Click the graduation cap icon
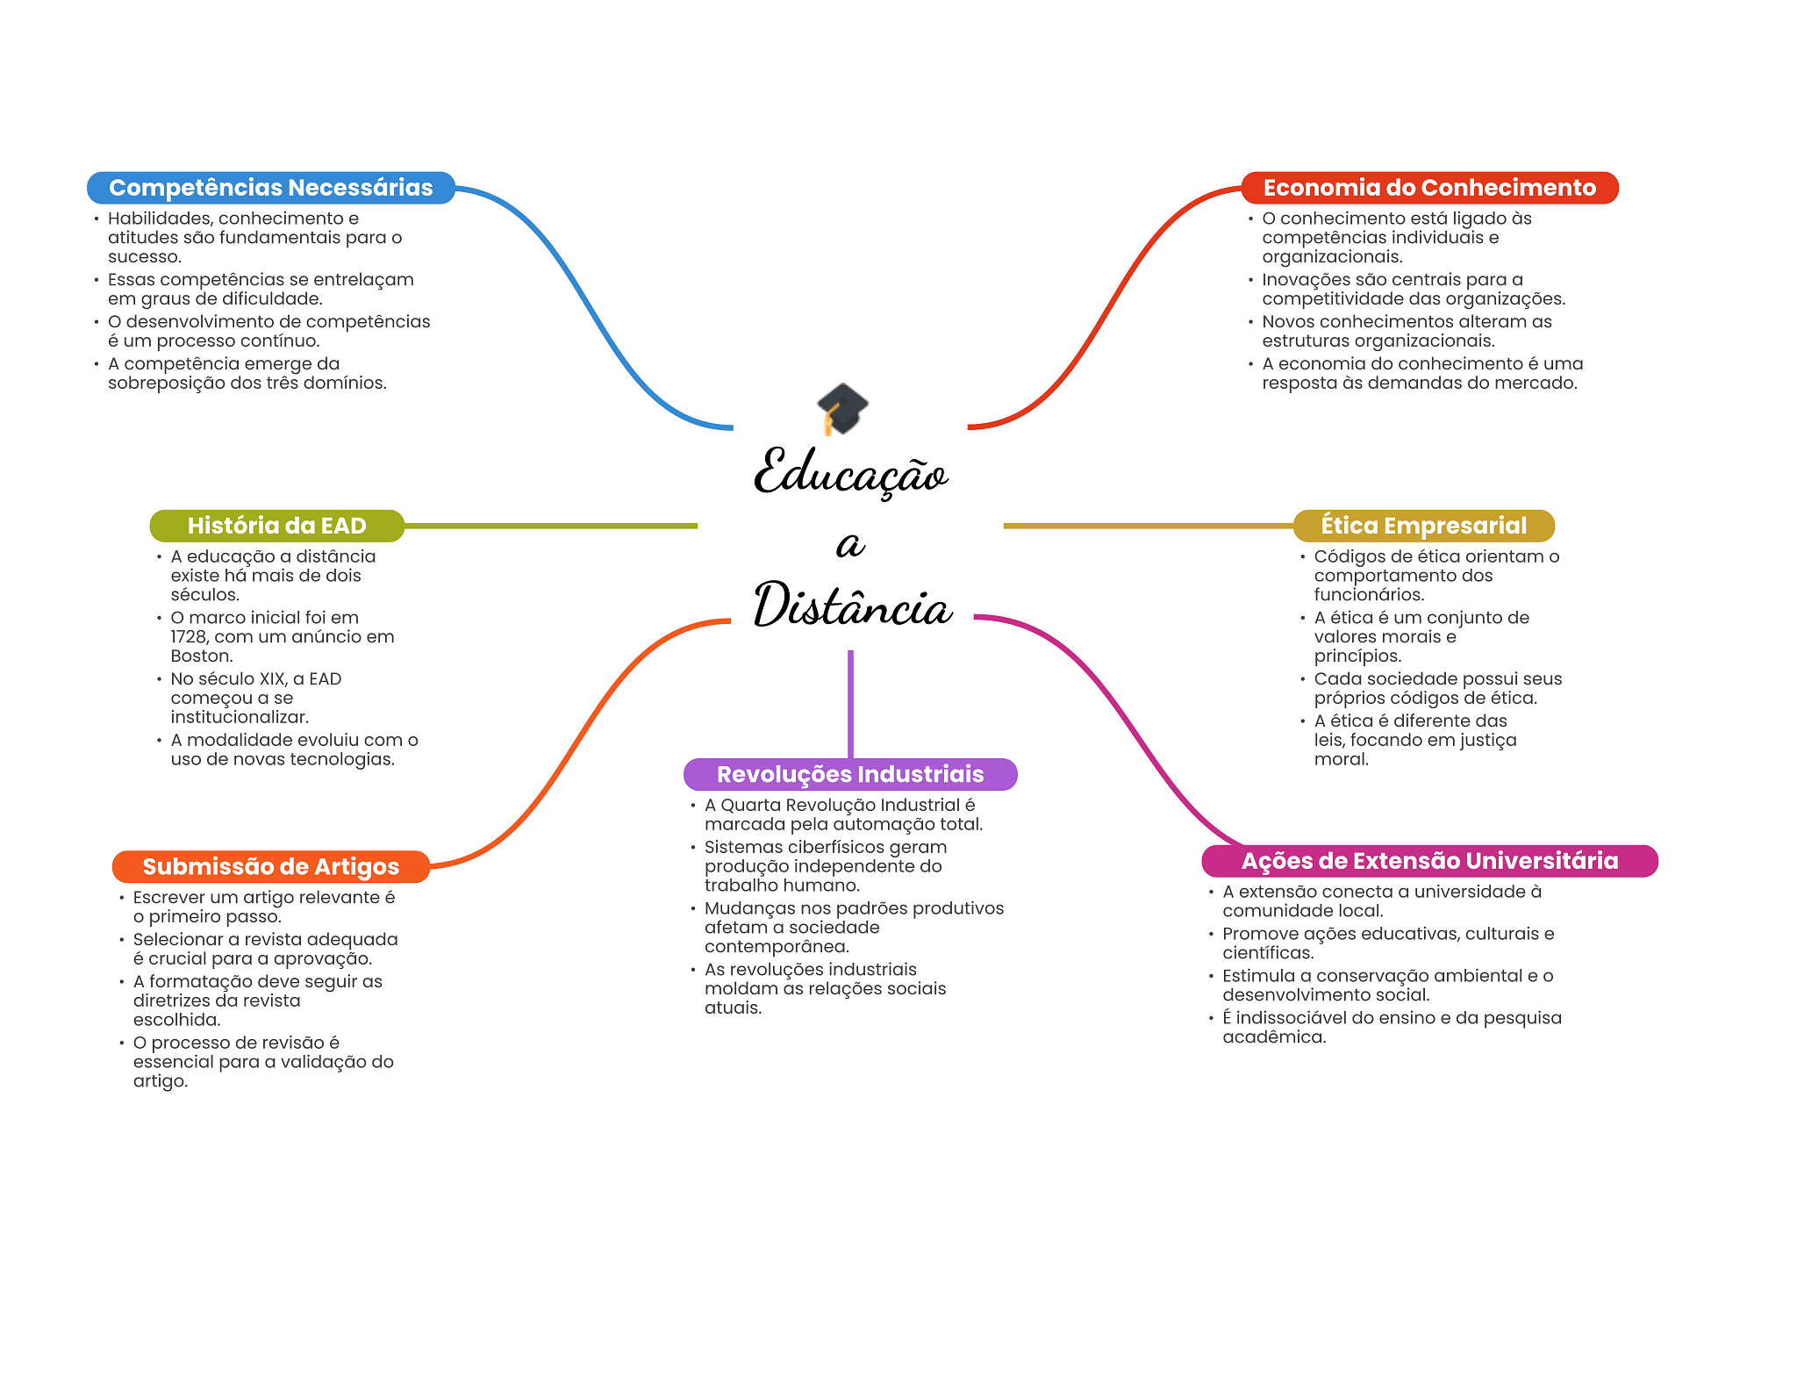842,408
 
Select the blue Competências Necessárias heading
271,188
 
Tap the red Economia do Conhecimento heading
1429,188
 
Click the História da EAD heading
276,526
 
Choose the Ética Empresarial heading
1424,526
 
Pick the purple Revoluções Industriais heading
850,774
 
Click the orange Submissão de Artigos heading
271,867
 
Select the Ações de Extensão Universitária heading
1429,861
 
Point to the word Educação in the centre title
850,471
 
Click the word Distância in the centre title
852,606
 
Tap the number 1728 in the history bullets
190,637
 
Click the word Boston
202,656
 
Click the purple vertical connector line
850,704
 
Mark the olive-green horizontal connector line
551,526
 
